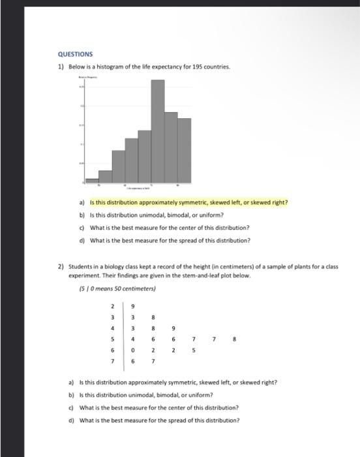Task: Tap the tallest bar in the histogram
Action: [x=157, y=131]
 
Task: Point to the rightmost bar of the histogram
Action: [x=185, y=150]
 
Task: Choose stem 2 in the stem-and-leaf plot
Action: [x=112, y=306]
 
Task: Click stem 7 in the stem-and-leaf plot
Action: [x=112, y=360]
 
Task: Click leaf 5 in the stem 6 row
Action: [x=194, y=350]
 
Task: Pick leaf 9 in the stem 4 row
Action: [x=174, y=328]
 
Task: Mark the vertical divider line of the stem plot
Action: [x=123, y=333]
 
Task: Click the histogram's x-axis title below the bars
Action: [x=138, y=188]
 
